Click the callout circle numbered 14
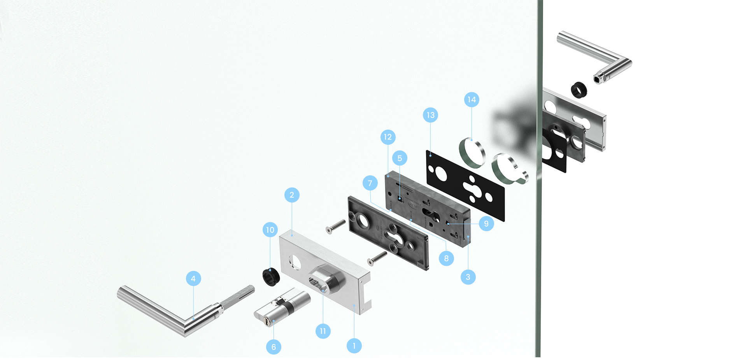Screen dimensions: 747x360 pyautogui.click(x=472, y=100)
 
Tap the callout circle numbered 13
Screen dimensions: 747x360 pyautogui.click(x=430, y=115)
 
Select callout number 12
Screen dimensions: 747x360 pyautogui.click(x=388, y=137)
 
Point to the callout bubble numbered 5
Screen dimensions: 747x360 pyautogui.click(x=400, y=158)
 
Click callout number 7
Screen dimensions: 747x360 pyautogui.click(x=370, y=183)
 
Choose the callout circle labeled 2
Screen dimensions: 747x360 pyautogui.click(x=292, y=195)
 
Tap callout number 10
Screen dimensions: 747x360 pyautogui.click(x=270, y=230)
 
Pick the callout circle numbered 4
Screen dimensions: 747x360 pyautogui.click(x=193, y=279)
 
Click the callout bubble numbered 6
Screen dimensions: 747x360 pyautogui.click(x=274, y=347)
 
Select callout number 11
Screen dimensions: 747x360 pyautogui.click(x=323, y=331)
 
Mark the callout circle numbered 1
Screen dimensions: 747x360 pyautogui.click(x=354, y=346)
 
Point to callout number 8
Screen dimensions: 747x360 pyautogui.click(x=446, y=258)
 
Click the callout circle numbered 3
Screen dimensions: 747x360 pyautogui.click(x=468, y=277)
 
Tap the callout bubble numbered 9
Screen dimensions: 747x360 pyautogui.click(x=486, y=223)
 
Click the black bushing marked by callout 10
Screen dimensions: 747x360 pyautogui.click(x=271, y=276)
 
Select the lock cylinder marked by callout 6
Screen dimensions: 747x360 pyautogui.click(x=282, y=307)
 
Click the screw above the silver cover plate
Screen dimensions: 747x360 pyautogui.click(x=335, y=227)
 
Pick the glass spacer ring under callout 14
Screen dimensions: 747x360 pyautogui.click(x=472, y=152)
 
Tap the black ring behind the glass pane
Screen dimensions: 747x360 pyautogui.click(x=579, y=90)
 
